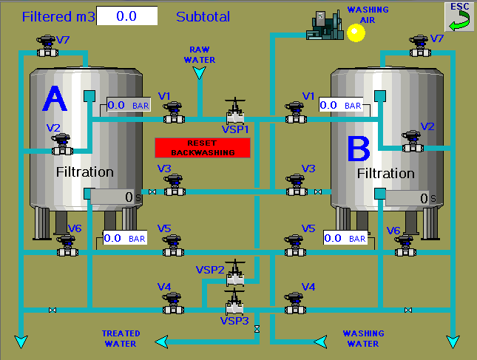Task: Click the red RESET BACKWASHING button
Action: [x=203, y=148]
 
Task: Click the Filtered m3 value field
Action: [x=127, y=16]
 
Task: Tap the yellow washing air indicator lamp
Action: [x=356, y=33]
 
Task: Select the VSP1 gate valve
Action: [x=235, y=111]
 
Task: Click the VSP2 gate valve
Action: [x=235, y=273]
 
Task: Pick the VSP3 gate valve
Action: [x=234, y=302]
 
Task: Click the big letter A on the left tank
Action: [x=55, y=98]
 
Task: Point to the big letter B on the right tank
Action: [x=359, y=149]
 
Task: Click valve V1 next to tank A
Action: [x=174, y=112]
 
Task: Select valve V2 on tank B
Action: [x=413, y=141]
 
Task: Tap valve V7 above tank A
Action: [x=47, y=46]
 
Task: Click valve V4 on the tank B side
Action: [x=295, y=303]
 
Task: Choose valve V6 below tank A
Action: [x=67, y=245]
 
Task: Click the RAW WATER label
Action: [x=200, y=55]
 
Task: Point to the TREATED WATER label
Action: [x=121, y=339]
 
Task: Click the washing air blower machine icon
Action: [x=325, y=25]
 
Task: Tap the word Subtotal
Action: [x=203, y=17]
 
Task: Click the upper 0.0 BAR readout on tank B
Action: [x=341, y=105]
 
